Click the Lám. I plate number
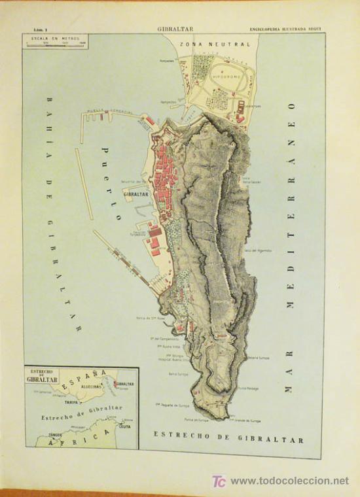[x=39, y=29]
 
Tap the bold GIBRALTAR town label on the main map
[x=135, y=194]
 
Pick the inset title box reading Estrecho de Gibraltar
[x=43, y=375]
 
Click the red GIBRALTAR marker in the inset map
[x=115, y=385]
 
